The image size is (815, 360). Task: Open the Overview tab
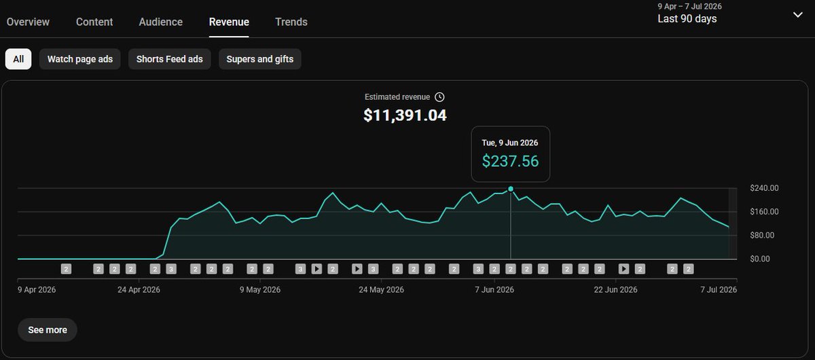[28, 22]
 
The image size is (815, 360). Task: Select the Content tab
[94, 22]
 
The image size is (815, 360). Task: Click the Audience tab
[160, 22]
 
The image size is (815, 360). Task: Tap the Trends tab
[291, 22]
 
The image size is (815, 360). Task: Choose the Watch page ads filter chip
[80, 59]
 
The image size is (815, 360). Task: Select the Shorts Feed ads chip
[170, 59]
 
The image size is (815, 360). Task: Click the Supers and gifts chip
[259, 59]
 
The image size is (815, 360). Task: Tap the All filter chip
[18, 59]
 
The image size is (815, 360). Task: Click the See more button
[48, 330]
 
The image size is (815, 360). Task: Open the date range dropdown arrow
[797, 15]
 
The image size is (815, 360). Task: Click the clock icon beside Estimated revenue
[439, 97]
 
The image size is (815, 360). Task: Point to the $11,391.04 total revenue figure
[405, 115]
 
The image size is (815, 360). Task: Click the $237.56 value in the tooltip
[510, 161]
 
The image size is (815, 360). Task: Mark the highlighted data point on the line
[511, 189]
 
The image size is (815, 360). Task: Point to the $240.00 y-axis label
[764, 188]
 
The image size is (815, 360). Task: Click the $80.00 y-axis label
[762, 235]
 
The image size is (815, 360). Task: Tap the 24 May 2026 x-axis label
[381, 290]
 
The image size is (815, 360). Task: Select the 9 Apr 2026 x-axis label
[37, 290]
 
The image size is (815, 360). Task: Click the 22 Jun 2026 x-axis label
[615, 290]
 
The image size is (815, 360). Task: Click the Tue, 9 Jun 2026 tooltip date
[510, 143]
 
